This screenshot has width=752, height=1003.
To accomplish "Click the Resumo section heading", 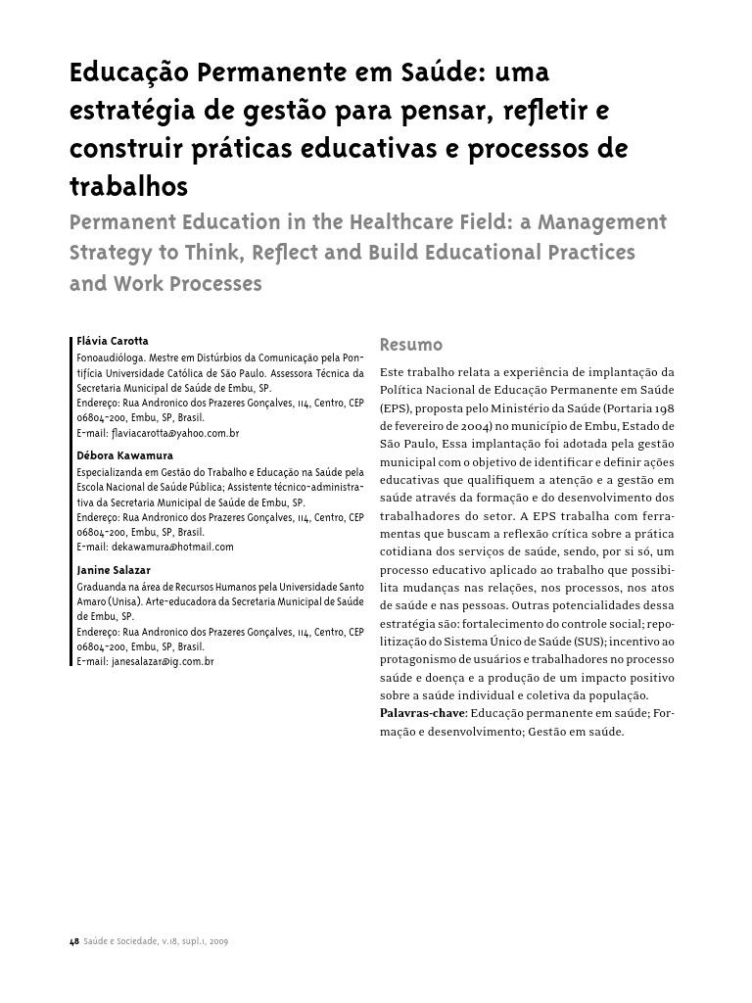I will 410,345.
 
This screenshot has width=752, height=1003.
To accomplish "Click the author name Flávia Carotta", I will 113,341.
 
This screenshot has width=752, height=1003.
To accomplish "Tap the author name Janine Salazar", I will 113,570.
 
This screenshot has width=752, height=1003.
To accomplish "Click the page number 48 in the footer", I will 73,942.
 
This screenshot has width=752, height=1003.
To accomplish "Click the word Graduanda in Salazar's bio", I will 102,586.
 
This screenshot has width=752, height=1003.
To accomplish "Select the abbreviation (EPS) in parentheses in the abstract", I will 396,407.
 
